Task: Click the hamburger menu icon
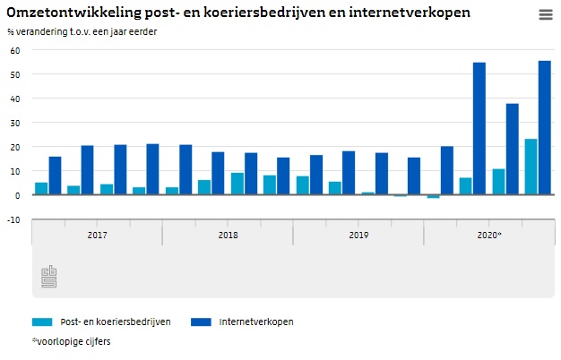coord(545,14)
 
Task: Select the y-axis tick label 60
coord(13,50)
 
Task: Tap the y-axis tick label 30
coord(13,123)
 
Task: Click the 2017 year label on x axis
coord(97,235)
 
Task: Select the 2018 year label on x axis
coord(228,235)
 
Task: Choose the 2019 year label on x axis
coord(358,235)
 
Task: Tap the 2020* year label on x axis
coord(488,235)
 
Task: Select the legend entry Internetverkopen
coord(255,321)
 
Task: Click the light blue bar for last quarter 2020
coord(531,167)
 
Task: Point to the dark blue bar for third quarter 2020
coord(512,149)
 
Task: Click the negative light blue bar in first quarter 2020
coord(433,196)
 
